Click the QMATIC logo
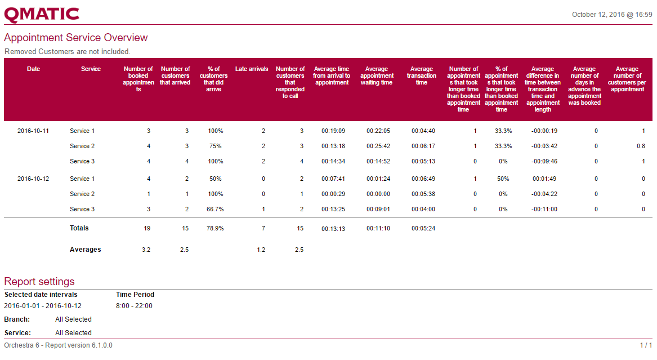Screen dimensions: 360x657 tap(42, 15)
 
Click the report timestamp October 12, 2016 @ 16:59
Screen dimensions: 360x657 tap(612, 15)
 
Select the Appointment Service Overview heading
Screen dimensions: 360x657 tap(75, 38)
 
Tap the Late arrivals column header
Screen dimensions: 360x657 tap(252, 69)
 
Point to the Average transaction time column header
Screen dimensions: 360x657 tap(422, 75)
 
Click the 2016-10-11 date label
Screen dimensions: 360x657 tap(33, 131)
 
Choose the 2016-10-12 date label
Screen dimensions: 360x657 tap(33, 179)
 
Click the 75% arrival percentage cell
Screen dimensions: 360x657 tap(215, 146)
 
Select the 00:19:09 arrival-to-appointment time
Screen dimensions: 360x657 tap(333, 131)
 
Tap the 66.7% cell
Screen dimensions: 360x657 tap(215, 209)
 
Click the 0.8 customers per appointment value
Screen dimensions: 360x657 tap(641, 146)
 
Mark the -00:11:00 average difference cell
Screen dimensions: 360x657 tap(544, 209)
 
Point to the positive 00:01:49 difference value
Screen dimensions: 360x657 tap(544, 179)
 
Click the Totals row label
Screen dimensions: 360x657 tap(79, 228)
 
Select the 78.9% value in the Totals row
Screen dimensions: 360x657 tap(215, 229)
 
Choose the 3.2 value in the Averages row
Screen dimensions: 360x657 tap(146, 250)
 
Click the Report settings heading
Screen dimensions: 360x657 tap(39, 282)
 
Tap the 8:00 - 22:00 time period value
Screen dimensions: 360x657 tap(134, 306)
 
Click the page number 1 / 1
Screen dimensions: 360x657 tap(646, 345)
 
